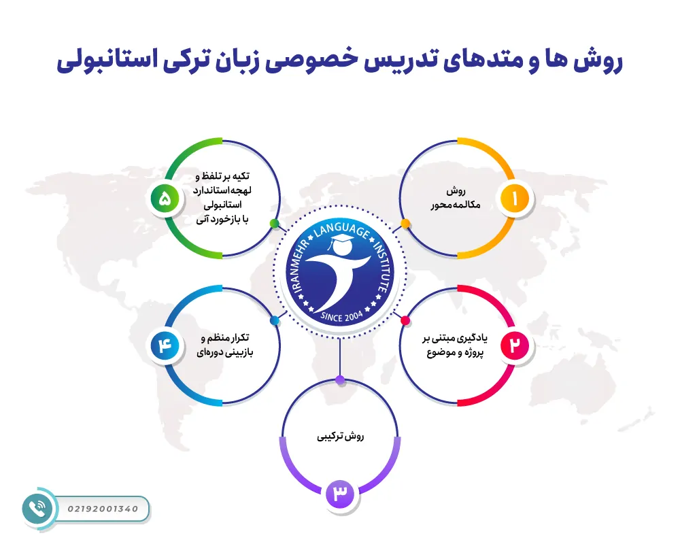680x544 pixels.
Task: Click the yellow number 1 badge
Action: (x=514, y=199)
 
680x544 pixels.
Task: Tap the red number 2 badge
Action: (x=514, y=345)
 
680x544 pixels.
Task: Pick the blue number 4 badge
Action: (x=165, y=345)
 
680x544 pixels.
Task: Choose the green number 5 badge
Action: (x=165, y=199)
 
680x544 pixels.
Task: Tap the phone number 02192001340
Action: (x=103, y=509)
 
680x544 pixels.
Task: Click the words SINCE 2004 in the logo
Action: (x=340, y=315)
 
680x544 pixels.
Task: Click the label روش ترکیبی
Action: (x=340, y=436)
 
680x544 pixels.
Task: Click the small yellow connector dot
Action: (x=405, y=223)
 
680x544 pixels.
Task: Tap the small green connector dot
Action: (x=274, y=223)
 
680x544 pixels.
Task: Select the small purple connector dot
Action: (x=340, y=379)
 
